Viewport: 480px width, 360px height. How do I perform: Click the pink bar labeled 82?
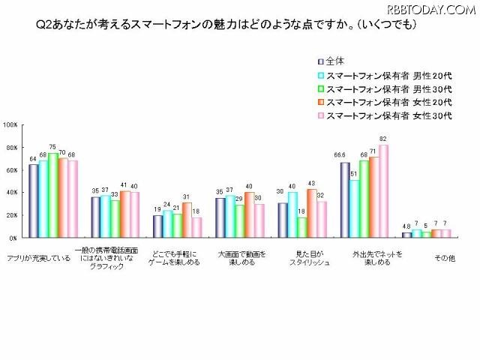pos(383,191)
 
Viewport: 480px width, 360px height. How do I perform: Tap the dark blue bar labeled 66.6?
pos(344,200)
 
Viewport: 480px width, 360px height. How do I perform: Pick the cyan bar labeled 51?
pos(354,208)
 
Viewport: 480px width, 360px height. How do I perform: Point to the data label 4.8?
pos(406,226)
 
